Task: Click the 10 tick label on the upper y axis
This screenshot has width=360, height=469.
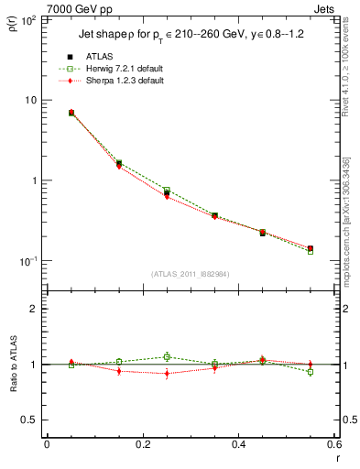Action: tap(30, 100)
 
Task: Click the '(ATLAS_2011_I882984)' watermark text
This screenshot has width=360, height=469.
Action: tap(190, 274)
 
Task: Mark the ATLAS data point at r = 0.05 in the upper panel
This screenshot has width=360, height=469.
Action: tap(71, 113)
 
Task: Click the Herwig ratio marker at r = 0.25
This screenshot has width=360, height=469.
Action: tap(167, 356)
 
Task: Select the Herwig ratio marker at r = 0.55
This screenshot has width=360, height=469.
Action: tap(310, 372)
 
